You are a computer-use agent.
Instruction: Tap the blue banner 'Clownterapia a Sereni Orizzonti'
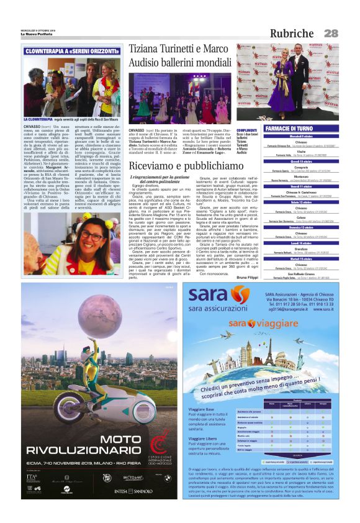(73, 52)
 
